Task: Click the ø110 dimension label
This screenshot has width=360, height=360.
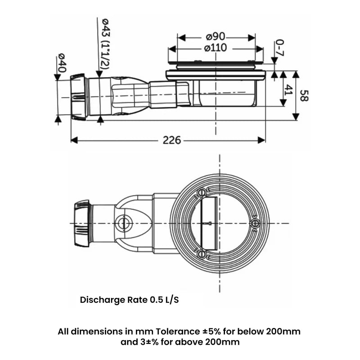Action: coord(215,48)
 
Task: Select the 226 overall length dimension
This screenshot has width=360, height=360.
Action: coord(171,140)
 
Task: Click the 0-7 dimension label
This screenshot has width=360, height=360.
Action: coord(279,48)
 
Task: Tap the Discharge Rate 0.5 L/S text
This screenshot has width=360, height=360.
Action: coord(129,300)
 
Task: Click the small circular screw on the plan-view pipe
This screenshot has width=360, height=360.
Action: coord(121,223)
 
